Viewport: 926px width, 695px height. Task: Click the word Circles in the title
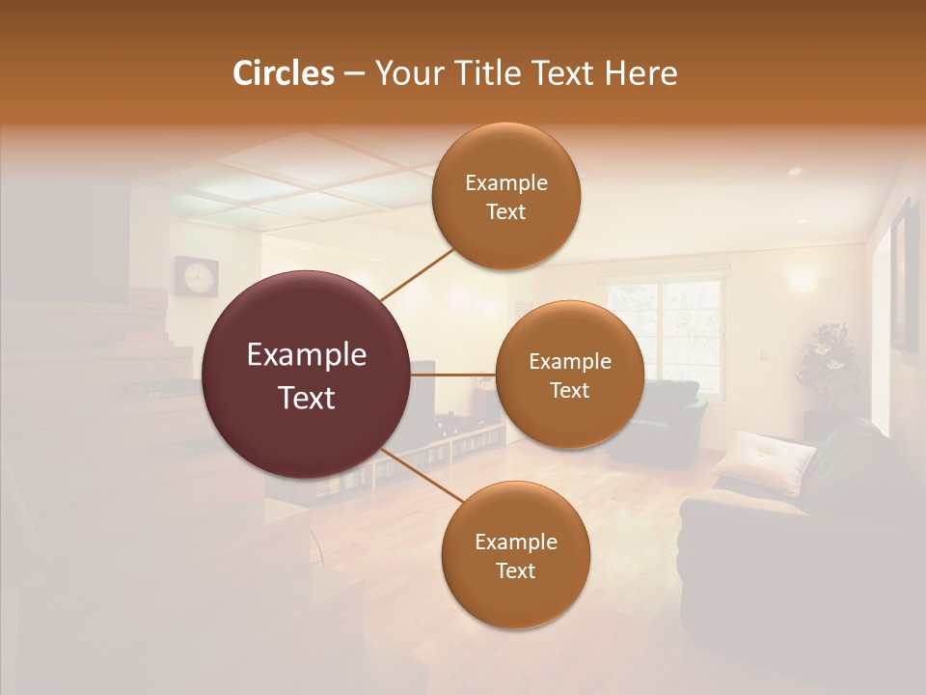[x=284, y=73]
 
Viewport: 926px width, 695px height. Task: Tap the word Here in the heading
[x=640, y=73]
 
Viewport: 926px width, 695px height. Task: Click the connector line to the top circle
[x=417, y=274]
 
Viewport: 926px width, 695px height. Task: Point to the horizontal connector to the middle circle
[x=453, y=375]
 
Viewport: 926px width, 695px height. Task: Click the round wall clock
[x=196, y=277]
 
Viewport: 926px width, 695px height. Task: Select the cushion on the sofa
[x=763, y=461]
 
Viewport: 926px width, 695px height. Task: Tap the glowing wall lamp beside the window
[x=801, y=281]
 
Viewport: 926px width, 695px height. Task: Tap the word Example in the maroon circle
[x=306, y=355]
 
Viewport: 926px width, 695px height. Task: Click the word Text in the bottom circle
[x=515, y=570]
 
